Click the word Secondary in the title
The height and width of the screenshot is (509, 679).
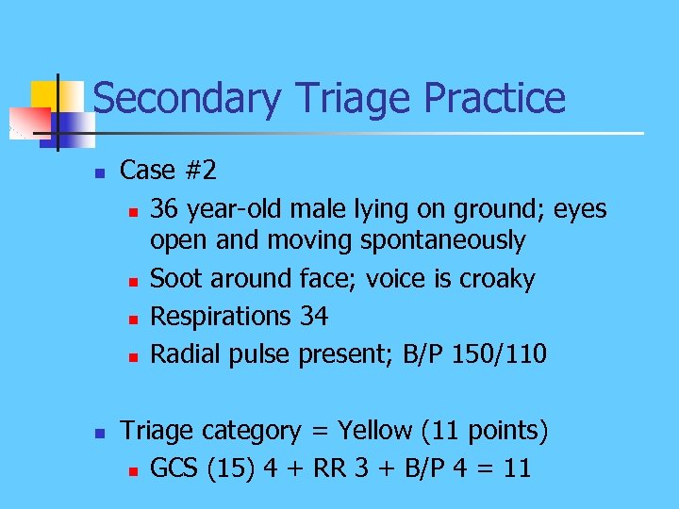click(x=187, y=99)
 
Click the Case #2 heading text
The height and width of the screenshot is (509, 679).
click(x=168, y=171)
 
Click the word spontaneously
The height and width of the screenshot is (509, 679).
click(x=443, y=241)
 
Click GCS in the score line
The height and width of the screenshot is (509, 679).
click(x=174, y=468)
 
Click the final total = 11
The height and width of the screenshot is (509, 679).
click(x=502, y=468)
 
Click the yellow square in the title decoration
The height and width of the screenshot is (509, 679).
click(x=44, y=94)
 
